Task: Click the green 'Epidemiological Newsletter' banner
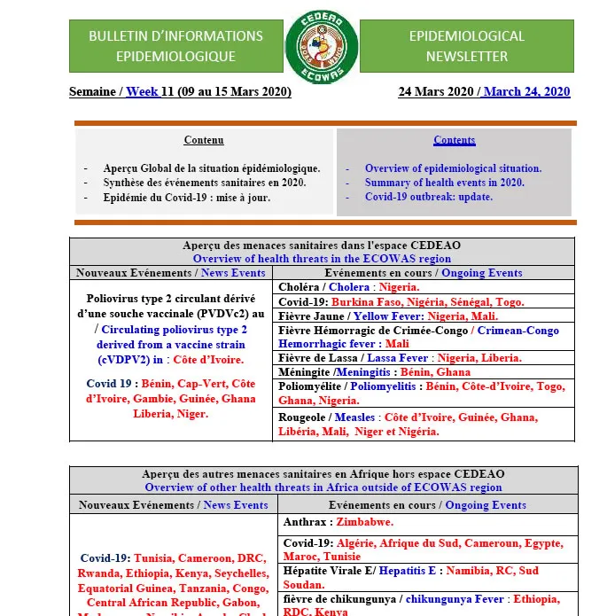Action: click(466, 46)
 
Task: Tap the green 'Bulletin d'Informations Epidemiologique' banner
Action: click(175, 46)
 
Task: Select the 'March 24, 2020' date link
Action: click(526, 91)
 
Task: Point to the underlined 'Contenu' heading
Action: click(204, 140)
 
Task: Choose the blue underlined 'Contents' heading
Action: click(454, 140)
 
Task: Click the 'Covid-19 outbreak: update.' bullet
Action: click(428, 197)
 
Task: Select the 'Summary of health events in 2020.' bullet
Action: click(444, 183)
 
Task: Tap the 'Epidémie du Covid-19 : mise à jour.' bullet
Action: click(186, 197)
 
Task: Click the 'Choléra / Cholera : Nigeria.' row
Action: click(348, 287)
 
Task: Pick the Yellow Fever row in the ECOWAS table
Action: click(388, 316)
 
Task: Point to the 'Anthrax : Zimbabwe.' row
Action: click(336, 522)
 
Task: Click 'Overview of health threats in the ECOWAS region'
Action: click(322, 259)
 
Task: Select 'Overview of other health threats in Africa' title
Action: click(323, 487)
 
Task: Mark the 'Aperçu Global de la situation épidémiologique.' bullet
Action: click(211, 168)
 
